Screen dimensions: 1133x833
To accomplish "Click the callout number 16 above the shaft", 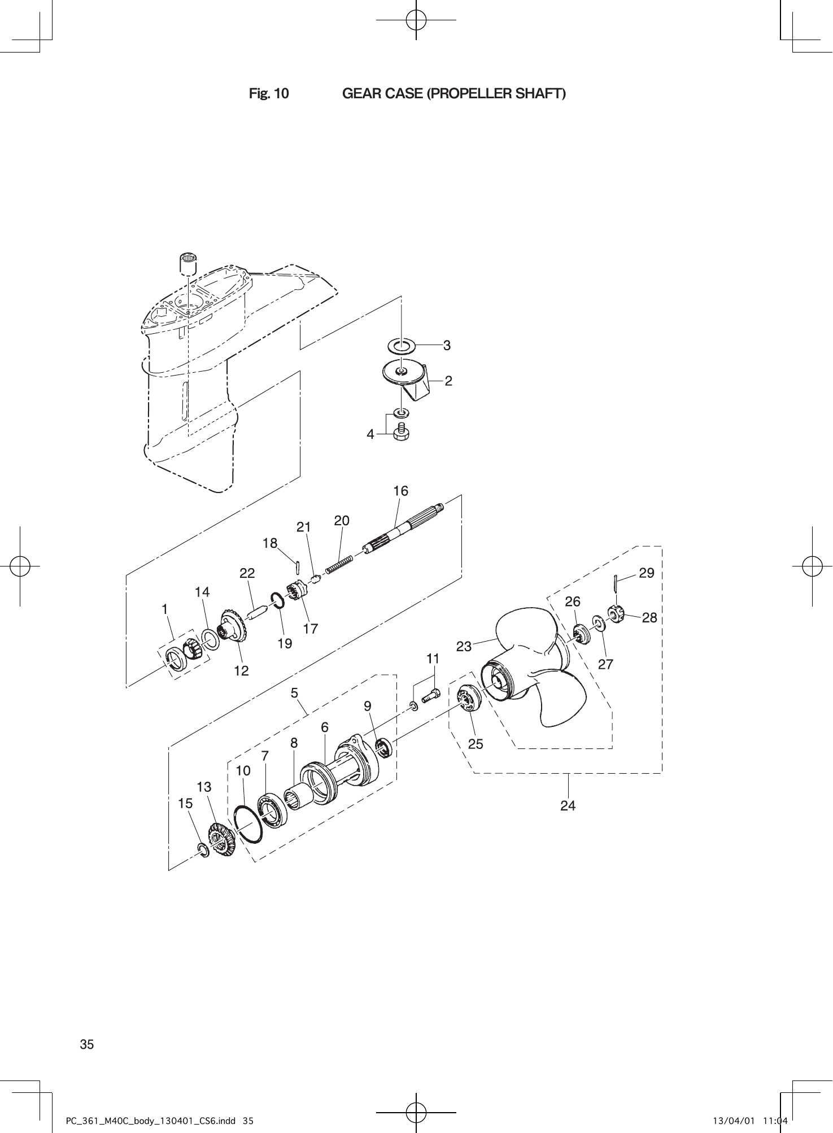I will (x=400, y=491).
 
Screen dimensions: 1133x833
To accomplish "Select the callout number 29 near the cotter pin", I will (x=646, y=573).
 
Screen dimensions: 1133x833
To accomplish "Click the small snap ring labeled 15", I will (x=203, y=849).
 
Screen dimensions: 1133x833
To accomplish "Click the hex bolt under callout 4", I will (x=402, y=432).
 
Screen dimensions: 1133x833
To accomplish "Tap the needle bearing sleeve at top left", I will (x=188, y=263).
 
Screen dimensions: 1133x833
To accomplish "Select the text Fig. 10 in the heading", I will (x=269, y=94).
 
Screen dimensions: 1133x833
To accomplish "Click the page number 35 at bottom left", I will (x=86, y=1044).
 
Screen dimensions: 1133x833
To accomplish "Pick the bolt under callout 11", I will (x=431, y=696).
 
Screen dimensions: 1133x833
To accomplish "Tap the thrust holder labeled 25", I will (x=469, y=699).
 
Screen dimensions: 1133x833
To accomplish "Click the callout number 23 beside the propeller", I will (x=464, y=647).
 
